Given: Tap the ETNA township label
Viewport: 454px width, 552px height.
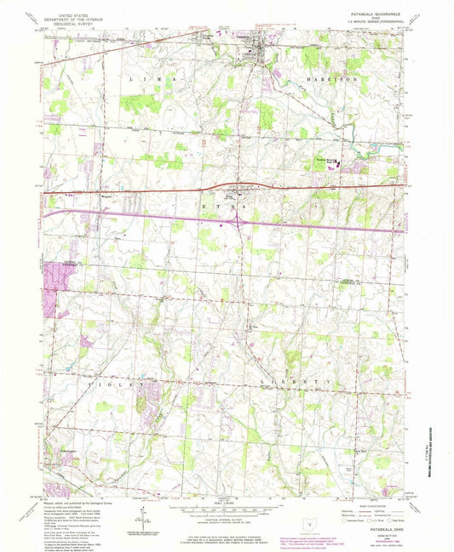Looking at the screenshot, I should coord(227,206).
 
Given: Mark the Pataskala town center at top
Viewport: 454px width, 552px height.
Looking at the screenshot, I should coord(247,53).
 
